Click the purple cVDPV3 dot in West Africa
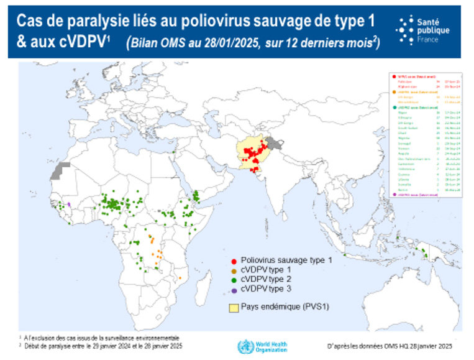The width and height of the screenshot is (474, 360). pyautogui.click(x=70, y=204)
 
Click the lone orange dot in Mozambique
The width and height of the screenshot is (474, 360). pyautogui.click(x=180, y=277)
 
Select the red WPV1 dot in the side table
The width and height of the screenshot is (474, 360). pyautogui.click(x=390, y=76)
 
